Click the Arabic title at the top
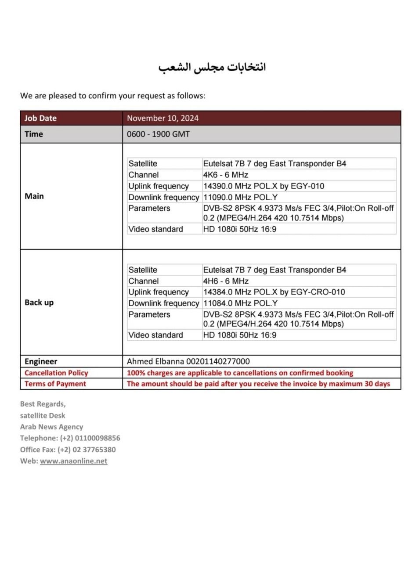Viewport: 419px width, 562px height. (212, 67)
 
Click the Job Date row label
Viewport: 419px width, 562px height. (40, 118)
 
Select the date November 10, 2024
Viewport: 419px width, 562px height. (163, 118)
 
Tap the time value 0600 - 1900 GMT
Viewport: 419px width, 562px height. (158, 134)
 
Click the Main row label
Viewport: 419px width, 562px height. (34, 196)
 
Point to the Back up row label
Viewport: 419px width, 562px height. (39, 303)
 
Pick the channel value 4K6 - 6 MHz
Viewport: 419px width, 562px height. (225, 175)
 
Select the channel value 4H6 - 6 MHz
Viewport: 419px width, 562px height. (225, 281)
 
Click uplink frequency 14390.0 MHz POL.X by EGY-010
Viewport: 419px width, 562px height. (264, 186)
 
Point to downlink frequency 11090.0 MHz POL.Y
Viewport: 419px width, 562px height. (240, 198)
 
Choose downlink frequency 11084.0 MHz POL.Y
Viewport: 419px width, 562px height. (240, 303)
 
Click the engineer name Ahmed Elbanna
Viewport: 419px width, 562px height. (155, 361)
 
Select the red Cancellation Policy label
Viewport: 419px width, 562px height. (56, 373)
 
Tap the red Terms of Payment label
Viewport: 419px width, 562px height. (55, 384)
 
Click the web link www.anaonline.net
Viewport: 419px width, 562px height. (73, 461)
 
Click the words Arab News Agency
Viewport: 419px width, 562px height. (51, 427)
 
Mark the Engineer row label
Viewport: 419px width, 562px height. (41, 361)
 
